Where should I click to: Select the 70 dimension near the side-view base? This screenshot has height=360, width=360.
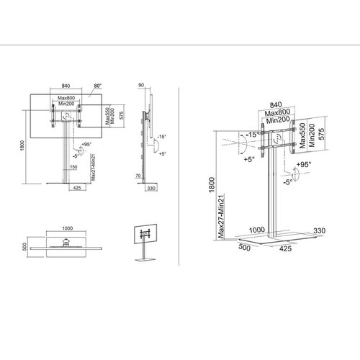(x=138, y=175)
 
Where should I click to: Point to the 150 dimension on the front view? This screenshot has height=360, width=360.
(x=73, y=167)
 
